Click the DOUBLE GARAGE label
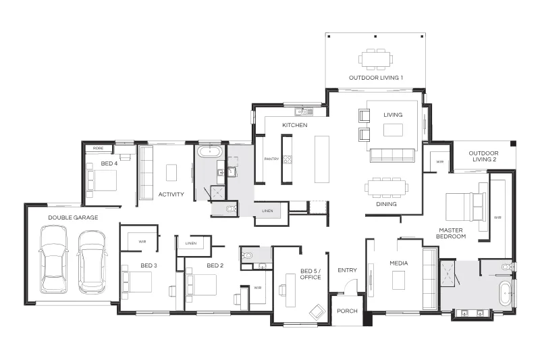point(73,217)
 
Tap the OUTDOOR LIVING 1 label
point(376,78)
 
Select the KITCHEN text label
point(295,125)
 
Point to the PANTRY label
point(271,159)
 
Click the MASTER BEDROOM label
point(451,233)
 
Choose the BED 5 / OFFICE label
point(310,274)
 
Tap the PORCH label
point(347,311)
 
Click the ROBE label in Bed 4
point(98,148)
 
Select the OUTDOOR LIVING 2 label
point(484,156)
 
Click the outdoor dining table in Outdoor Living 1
point(376,59)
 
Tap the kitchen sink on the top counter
point(304,111)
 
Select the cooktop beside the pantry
point(288,159)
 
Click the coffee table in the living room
point(393,130)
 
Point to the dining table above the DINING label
point(386,188)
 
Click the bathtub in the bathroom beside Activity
point(210,151)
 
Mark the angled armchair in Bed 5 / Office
point(317,312)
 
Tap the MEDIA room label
point(399,263)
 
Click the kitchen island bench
point(322,159)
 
